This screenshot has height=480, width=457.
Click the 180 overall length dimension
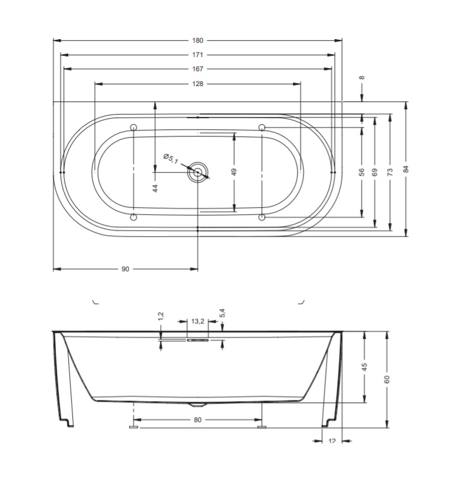point(197,40)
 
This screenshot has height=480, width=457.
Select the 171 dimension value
point(197,55)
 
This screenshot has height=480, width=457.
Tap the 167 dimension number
point(197,69)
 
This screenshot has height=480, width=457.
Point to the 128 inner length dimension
point(197,84)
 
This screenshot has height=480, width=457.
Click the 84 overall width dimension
point(406,169)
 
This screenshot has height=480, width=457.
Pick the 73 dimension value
point(390,172)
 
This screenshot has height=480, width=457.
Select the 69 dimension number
point(375,172)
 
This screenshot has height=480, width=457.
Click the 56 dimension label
point(362,172)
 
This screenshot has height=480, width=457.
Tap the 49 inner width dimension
point(234,171)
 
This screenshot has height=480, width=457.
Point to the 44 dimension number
point(155,188)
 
